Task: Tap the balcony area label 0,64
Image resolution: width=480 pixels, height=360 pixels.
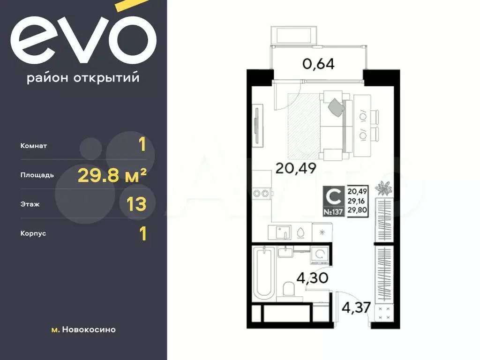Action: click(x=318, y=64)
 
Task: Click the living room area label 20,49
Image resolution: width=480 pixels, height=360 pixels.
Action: click(x=296, y=168)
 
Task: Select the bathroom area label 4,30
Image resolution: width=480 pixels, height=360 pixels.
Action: click(x=313, y=278)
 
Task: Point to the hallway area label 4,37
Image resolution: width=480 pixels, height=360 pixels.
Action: click(x=356, y=307)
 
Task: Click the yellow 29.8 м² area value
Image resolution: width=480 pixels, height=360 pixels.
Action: click(x=112, y=175)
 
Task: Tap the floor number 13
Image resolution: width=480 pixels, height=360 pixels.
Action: click(x=136, y=204)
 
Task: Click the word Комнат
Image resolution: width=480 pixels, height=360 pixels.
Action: click(x=34, y=146)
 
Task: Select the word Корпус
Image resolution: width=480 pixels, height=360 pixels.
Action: click(x=33, y=233)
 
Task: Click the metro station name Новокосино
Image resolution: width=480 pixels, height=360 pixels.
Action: click(x=89, y=330)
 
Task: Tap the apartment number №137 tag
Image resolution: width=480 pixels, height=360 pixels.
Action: click(x=333, y=211)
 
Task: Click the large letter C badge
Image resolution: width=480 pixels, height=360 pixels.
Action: click(x=333, y=196)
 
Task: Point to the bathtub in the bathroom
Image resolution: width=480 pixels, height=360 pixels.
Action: click(x=264, y=273)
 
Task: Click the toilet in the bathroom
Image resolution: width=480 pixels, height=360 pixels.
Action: click(x=288, y=289)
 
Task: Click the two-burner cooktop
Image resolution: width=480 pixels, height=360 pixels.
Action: click(x=261, y=194)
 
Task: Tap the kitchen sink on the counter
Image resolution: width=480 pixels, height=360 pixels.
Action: click(x=280, y=232)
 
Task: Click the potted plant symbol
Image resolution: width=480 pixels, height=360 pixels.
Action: click(x=383, y=188)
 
